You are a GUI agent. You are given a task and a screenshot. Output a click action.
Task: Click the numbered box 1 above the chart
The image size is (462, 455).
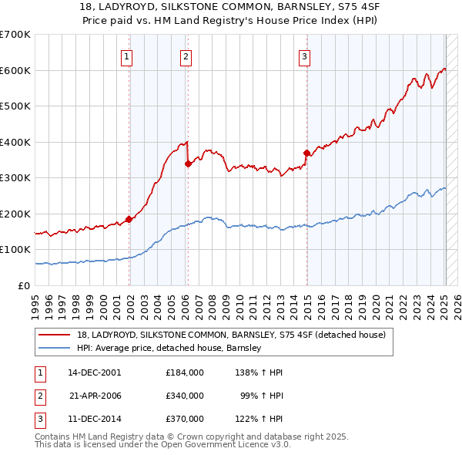(x=126, y=56)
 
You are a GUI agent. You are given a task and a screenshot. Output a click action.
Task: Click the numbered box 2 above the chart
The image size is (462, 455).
(x=186, y=56)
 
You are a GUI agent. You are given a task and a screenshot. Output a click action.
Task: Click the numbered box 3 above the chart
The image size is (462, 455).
(x=304, y=56)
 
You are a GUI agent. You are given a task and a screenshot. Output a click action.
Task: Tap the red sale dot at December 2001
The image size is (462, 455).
(x=129, y=219)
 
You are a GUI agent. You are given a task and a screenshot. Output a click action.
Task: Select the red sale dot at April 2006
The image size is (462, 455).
(x=188, y=163)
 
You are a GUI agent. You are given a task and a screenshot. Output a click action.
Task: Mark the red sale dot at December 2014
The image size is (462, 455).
(x=306, y=153)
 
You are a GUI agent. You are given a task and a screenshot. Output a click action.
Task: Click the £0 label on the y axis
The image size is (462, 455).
(x=24, y=285)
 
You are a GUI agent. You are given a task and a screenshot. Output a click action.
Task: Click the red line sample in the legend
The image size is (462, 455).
(x=55, y=335)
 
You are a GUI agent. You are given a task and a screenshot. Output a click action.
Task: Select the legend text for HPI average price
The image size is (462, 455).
(x=169, y=348)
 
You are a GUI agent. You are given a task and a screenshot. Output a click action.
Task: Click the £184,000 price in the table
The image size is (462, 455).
(x=184, y=372)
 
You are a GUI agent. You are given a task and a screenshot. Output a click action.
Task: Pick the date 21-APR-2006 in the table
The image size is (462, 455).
(x=96, y=395)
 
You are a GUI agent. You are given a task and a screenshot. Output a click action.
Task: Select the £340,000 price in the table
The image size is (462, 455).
(x=184, y=395)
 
